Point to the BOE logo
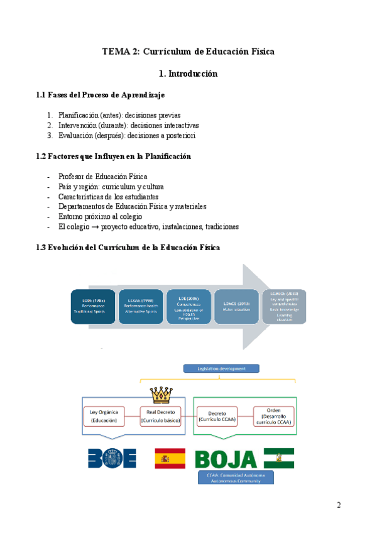pos(112,458)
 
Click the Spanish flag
pos(170,458)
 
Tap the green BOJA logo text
pos(226,458)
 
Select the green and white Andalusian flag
pos(278,458)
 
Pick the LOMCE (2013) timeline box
pos(236,307)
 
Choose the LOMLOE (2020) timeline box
pos(284,307)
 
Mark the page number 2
pos(339,505)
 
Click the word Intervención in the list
pos(78,125)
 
